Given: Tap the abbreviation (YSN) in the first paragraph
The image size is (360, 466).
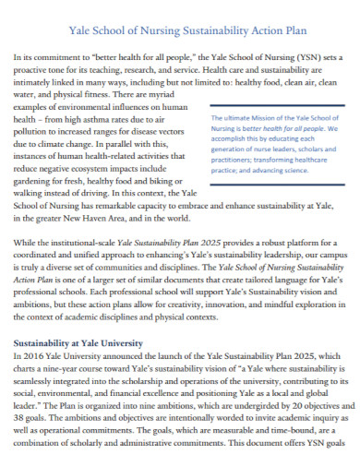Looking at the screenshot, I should pyautogui.click(x=308, y=56).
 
